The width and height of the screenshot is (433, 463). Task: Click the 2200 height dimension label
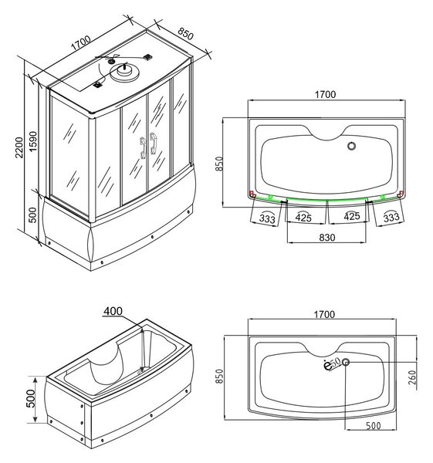(19, 147)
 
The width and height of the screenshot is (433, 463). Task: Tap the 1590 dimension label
(33, 142)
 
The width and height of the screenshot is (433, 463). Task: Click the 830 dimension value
(327, 238)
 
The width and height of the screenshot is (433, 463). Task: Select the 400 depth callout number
(113, 311)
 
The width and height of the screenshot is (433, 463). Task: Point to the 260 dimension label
(412, 377)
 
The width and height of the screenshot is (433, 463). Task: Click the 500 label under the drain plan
(373, 425)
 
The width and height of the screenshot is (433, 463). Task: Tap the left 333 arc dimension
(267, 218)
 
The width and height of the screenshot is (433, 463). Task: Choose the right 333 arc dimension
(391, 218)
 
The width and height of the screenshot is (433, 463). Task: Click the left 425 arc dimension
(303, 218)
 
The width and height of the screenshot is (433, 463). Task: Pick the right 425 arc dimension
(352, 216)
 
